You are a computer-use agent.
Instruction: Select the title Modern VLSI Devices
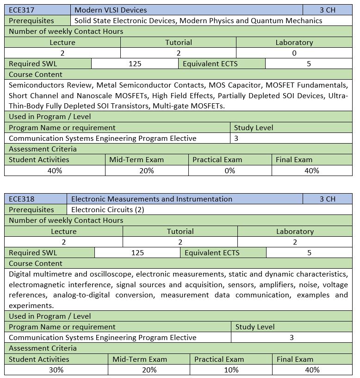click(x=111, y=10)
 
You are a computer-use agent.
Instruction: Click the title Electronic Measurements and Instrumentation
click(x=152, y=199)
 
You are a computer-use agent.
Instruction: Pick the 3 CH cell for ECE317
click(x=327, y=10)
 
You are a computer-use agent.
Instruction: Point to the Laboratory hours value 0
click(x=294, y=53)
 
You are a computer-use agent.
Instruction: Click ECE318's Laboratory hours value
click(x=295, y=242)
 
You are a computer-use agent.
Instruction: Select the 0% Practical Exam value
click(x=230, y=170)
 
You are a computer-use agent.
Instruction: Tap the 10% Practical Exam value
click(x=231, y=370)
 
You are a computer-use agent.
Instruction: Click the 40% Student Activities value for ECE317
click(x=55, y=170)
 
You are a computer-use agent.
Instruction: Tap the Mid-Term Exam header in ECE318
click(x=140, y=359)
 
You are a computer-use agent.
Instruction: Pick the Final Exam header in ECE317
click(x=294, y=160)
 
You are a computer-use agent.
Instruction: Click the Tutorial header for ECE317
click(x=179, y=42)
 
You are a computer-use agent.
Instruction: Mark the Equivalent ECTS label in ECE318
click(x=211, y=252)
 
